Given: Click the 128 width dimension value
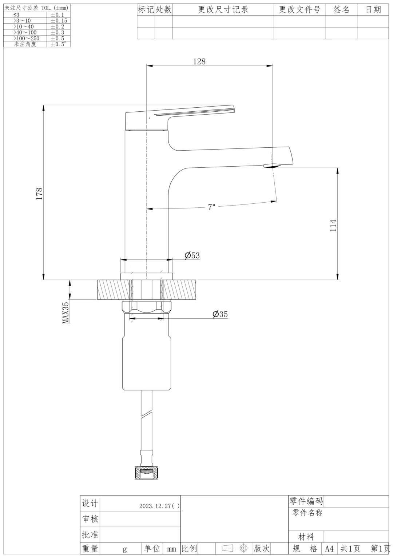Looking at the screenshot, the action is click(x=199, y=61).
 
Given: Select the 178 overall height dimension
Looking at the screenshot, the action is click(x=40, y=194).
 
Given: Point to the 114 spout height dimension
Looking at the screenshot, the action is click(x=333, y=225).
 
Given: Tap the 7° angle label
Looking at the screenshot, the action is click(x=212, y=207).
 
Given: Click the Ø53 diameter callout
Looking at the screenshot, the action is click(x=192, y=255).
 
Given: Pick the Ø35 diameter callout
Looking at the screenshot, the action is click(x=220, y=314).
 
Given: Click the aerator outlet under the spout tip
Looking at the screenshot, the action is click(x=272, y=166).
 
